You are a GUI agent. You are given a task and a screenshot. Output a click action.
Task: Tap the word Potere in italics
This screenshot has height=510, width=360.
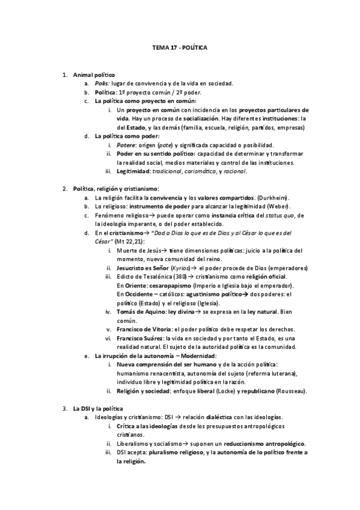point(126,145)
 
